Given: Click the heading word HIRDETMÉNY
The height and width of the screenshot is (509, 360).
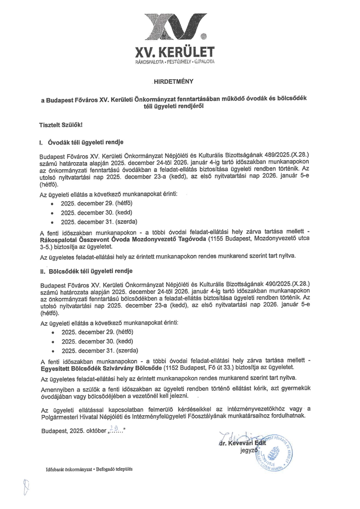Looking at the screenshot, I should click(180, 82).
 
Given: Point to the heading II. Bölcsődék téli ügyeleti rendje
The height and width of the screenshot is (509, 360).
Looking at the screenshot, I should click(86, 271).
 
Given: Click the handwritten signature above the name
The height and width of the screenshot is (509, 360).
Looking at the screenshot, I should click(238, 434).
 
